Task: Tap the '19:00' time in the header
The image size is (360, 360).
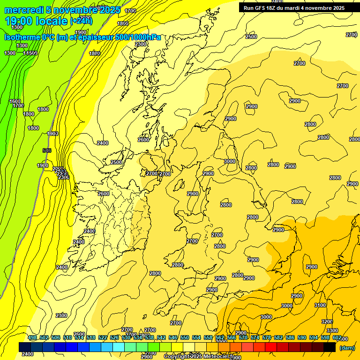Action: (19, 21)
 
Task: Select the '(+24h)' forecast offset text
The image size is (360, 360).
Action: (81, 21)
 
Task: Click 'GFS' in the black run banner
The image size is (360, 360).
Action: (260, 7)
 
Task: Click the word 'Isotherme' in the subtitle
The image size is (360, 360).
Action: (22, 37)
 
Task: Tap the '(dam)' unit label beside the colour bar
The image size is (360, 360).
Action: (347, 348)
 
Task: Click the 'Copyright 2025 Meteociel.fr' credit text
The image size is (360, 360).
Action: (200, 357)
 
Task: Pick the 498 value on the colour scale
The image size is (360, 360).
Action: (32, 337)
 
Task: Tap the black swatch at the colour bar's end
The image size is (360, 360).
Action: (330, 347)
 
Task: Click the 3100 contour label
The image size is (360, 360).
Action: (320, 305)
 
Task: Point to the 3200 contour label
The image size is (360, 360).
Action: (327, 322)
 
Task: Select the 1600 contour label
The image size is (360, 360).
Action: (15, 101)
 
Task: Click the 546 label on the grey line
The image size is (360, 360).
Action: (46, 150)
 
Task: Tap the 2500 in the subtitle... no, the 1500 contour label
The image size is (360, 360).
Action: (31, 53)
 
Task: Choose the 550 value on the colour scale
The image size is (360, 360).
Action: (185, 337)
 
